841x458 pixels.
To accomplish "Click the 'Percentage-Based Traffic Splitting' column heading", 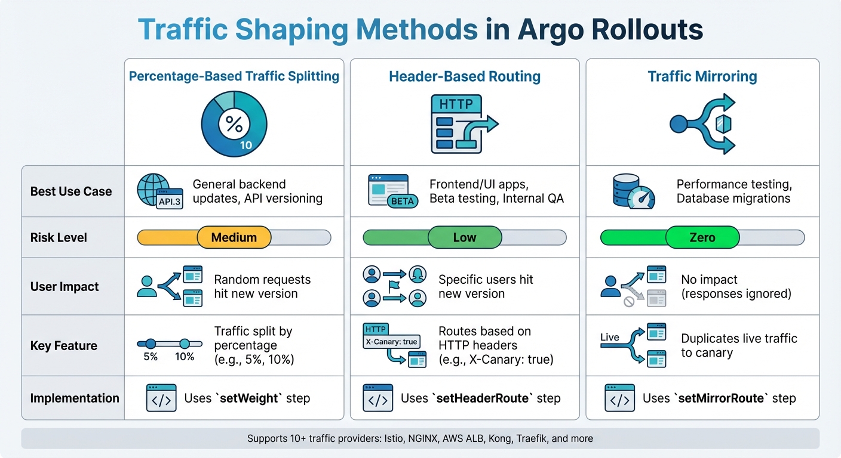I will coord(234,76).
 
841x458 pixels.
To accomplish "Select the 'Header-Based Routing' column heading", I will coord(465,76).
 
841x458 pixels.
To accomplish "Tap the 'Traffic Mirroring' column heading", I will coord(702,76).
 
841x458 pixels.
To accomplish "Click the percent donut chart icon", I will coord(234,124).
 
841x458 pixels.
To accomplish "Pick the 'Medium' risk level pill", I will coord(234,237).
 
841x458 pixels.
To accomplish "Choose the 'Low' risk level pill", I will coord(465,237).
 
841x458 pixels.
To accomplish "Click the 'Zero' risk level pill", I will coord(702,237).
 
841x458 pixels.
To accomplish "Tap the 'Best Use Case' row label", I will coord(71,191).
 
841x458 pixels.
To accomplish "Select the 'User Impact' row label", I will coord(65,286).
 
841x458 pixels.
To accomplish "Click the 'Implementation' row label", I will coord(75,398).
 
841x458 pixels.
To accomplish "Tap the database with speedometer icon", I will coord(633,191).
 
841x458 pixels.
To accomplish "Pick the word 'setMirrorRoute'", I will coord(723,398).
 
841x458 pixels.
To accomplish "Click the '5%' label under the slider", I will coord(151,357).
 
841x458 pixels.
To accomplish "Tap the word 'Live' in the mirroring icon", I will coord(610,337).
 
